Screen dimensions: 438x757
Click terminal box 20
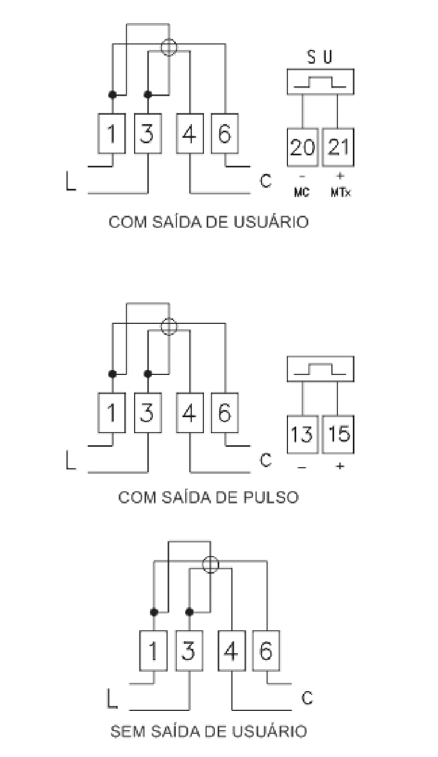[x=302, y=147]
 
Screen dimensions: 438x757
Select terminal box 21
[x=338, y=147]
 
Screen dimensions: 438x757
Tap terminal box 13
[x=302, y=434]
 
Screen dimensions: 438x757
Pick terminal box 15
[x=338, y=434]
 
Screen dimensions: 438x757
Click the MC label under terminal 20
[x=302, y=193]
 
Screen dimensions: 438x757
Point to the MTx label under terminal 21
[x=341, y=193]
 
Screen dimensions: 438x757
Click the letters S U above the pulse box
[x=320, y=57]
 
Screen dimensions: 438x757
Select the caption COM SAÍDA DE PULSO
[x=209, y=498]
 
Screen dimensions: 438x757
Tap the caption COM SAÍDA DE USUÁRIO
[x=209, y=222]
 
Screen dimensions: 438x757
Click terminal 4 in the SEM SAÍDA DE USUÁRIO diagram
[x=232, y=651]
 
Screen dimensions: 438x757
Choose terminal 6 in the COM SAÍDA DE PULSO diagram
[x=225, y=413]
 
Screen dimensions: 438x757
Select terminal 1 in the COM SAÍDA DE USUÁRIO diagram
[x=112, y=133]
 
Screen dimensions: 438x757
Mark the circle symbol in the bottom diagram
[x=210, y=565]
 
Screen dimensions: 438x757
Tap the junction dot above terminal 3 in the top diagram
[x=148, y=94]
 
